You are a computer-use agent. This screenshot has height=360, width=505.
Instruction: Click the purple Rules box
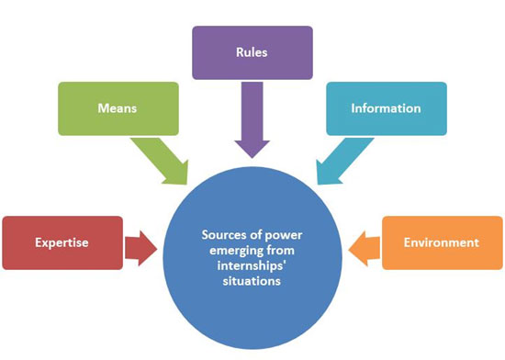(252, 52)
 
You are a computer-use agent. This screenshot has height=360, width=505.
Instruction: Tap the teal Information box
(387, 108)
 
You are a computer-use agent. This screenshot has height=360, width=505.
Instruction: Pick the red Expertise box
(62, 242)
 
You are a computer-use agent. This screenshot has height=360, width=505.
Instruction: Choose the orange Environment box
(442, 242)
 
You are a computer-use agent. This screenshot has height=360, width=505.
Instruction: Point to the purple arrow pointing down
(252, 120)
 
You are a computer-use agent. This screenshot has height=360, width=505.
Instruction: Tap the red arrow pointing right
(140, 244)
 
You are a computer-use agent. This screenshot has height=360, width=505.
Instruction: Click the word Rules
(252, 52)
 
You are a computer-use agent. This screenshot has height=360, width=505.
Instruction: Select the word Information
(387, 108)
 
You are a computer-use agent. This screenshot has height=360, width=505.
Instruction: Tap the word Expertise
(62, 243)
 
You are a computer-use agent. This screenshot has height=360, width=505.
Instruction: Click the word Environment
(442, 243)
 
